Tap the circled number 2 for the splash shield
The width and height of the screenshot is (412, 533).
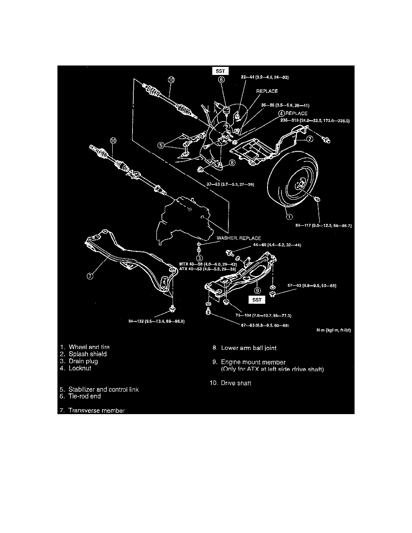pyautogui.click(x=310, y=140)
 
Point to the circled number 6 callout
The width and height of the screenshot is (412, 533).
pyautogui.click(x=221, y=80)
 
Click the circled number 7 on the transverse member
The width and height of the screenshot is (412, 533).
pyautogui.click(x=90, y=276)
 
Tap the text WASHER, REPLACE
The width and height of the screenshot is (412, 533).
pyautogui.click(x=238, y=238)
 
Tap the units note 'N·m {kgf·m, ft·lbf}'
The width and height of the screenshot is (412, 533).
pyautogui.click(x=333, y=331)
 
